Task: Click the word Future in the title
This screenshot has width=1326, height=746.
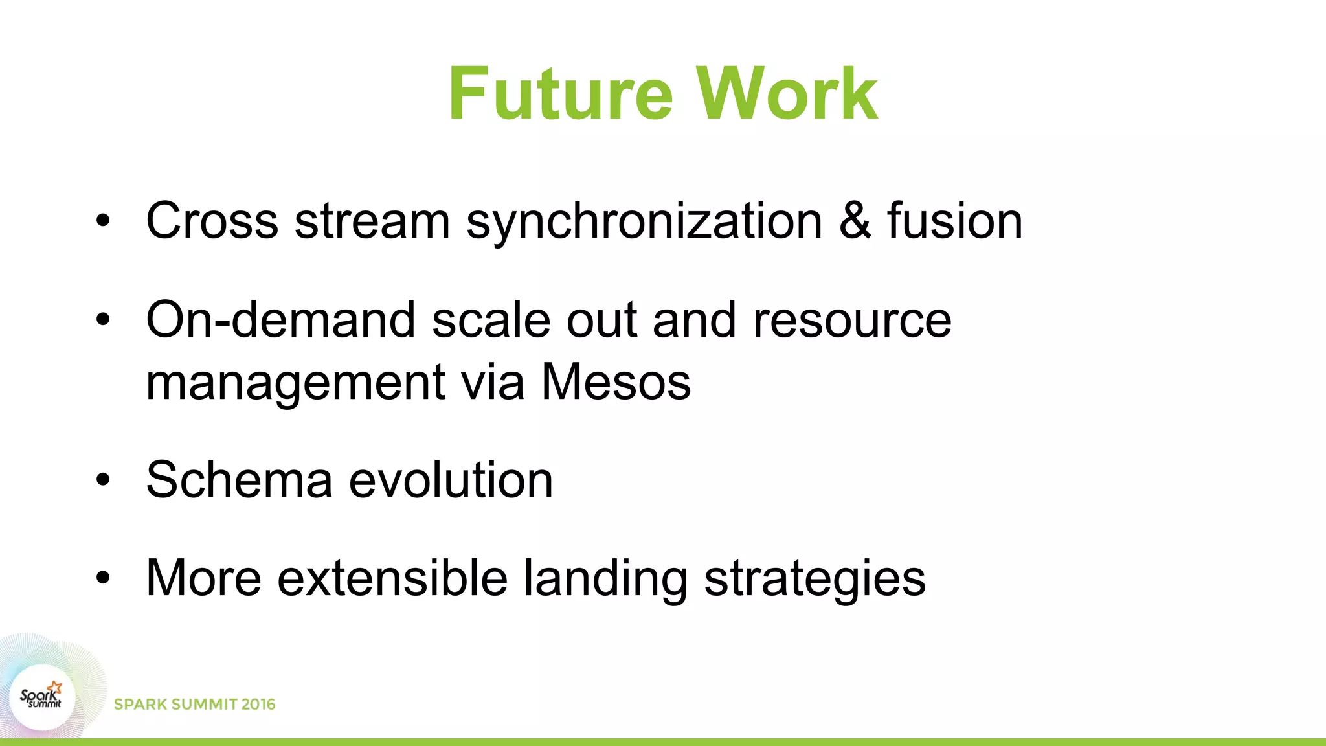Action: (x=561, y=95)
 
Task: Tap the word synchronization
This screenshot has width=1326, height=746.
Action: (x=644, y=222)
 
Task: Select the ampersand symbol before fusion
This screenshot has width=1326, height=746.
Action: (x=855, y=221)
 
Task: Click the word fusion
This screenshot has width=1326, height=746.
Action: (x=954, y=221)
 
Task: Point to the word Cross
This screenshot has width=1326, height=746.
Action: (x=212, y=221)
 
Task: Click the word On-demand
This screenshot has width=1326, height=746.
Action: (x=280, y=320)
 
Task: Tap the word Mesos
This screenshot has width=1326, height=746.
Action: (x=616, y=382)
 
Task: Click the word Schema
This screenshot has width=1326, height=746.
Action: (x=239, y=480)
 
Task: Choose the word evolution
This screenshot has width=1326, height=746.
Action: (x=451, y=480)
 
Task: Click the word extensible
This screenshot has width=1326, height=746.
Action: (x=392, y=578)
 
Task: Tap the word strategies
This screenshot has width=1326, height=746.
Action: (x=815, y=579)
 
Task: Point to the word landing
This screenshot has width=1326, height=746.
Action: (x=605, y=579)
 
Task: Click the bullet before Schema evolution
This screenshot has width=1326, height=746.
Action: (x=103, y=480)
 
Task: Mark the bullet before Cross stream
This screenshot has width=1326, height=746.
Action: (x=103, y=221)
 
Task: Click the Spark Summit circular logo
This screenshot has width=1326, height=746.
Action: (x=43, y=698)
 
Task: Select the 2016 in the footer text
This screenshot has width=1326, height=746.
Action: (x=258, y=705)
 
